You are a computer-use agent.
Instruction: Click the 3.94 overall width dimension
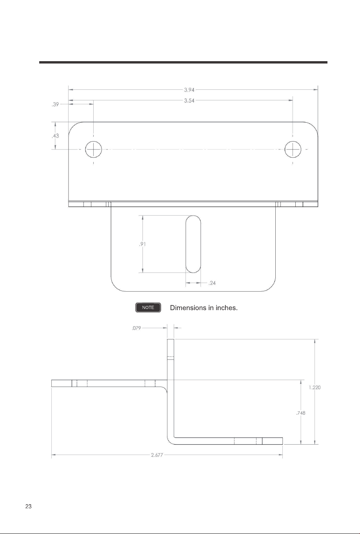[x=189, y=90]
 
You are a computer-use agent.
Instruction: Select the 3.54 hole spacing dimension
[x=189, y=101]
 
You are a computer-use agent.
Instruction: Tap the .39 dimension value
[x=55, y=104]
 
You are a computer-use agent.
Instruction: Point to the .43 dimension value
[x=55, y=136]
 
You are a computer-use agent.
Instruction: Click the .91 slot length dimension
[x=142, y=244]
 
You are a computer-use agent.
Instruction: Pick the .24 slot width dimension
[x=212, y=283]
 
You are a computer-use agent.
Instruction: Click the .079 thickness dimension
[x=136, y=328]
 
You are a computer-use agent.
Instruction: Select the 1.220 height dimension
[x=315, y=388]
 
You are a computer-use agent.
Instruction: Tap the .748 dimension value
[x=301, y=413]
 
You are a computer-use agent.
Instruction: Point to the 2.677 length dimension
[x=157, y=455]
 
